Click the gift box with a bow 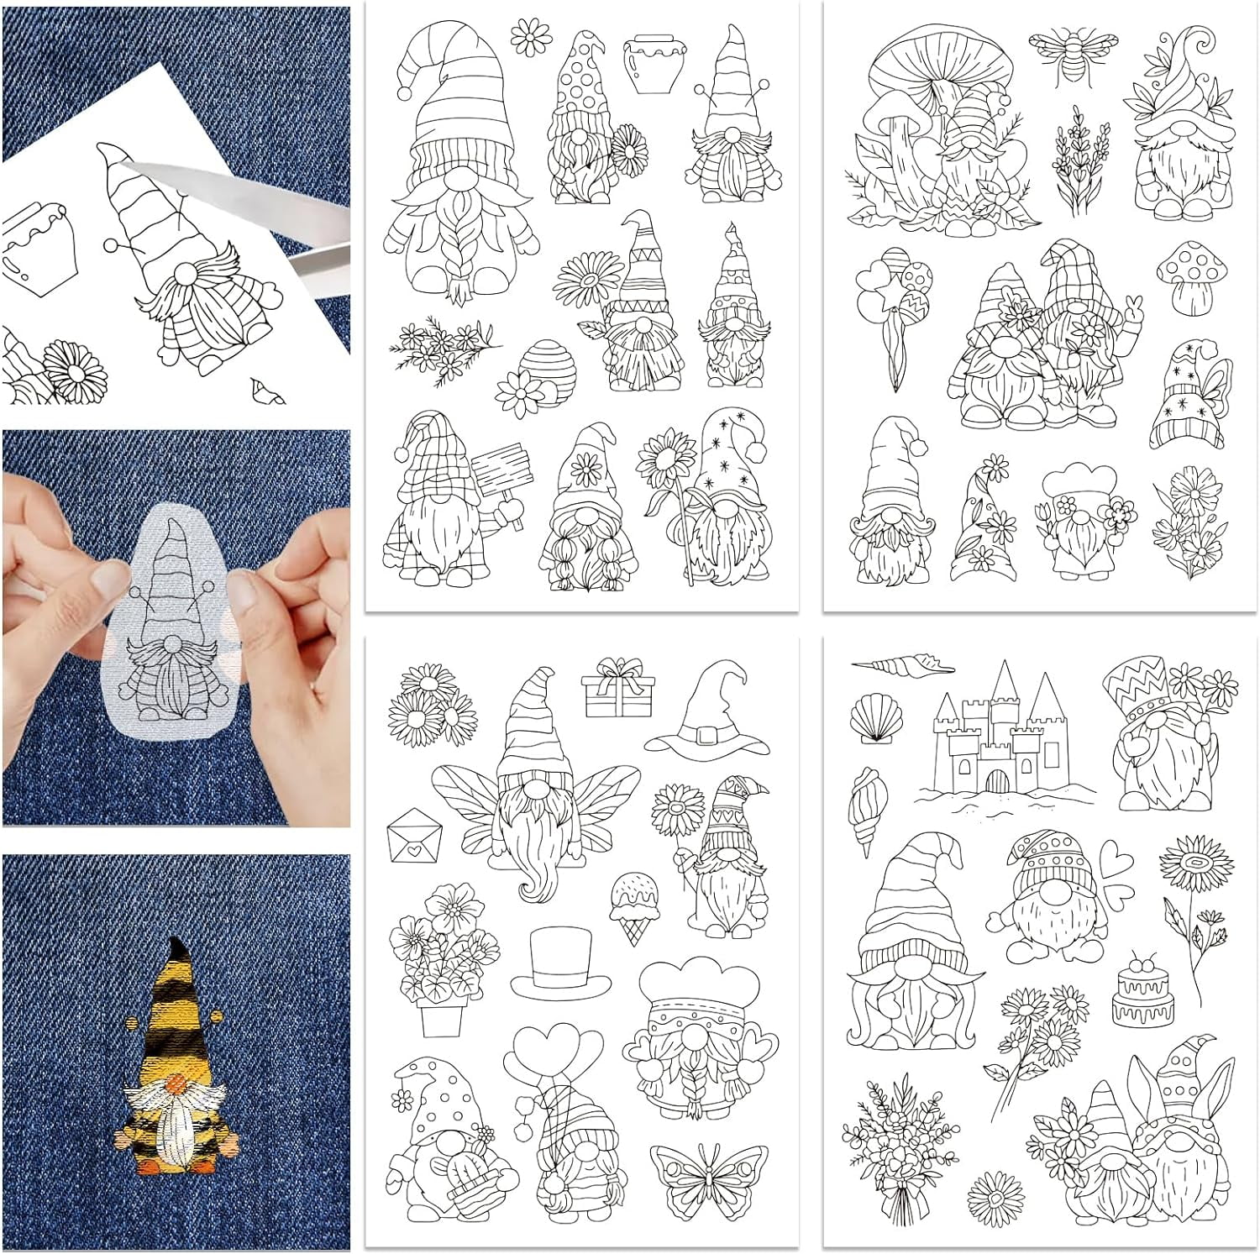click(617, 689)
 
